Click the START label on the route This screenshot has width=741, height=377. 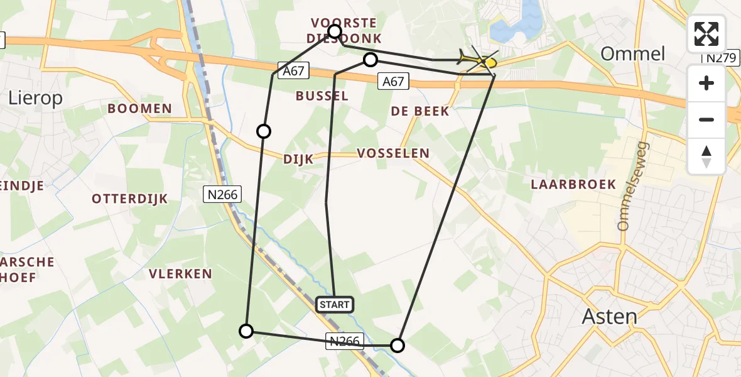coord(335,305)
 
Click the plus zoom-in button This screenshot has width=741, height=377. coord(706,83)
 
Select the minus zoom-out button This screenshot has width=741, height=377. coord(706,119)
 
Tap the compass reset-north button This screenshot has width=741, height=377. coord(706,156)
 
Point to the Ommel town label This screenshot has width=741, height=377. coord(632,53)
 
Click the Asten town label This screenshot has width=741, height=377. coord(609,315)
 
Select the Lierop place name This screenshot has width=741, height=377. coord(36,97)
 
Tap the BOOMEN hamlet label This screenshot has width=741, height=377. coord(139,109)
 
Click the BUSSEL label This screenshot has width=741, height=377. coord(322,96)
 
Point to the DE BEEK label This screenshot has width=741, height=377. coord(420,111)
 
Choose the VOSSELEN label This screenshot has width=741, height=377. coord(393,153)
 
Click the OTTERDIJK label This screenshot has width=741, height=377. coord(130,199)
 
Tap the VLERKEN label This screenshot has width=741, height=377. coord(180,274)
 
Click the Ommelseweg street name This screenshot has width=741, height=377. coord(634,186)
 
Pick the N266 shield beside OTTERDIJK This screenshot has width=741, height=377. coord(223,195)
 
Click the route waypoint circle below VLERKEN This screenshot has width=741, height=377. coord(247,331)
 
